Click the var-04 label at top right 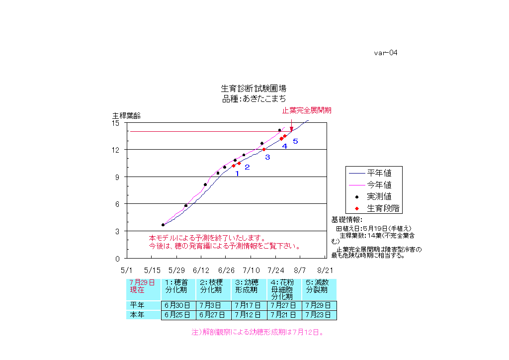coord(386,53)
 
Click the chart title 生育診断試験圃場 coord(254,89)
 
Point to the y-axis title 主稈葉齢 coord(126,116)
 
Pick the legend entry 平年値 coord(379,173)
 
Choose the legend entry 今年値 coord(379,184)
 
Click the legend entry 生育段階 coord(383,208)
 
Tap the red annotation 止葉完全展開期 coord(307,110)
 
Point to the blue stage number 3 coord(267,157)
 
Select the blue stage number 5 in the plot coord(295,142)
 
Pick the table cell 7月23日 coord(318,315)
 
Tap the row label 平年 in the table coord(137,305)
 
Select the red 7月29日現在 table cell coord(143,286)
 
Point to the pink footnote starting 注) coord(257,332)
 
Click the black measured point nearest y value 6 coord(186,205)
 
